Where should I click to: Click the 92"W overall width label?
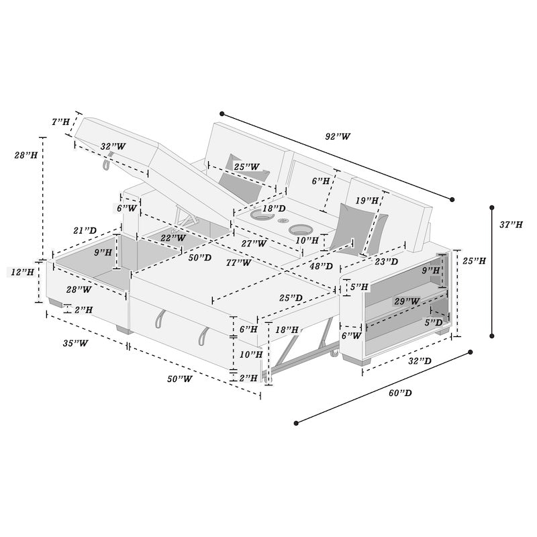click(x=338, y=136)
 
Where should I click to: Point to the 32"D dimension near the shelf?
click(x=420, y=361)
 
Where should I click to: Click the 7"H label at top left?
click(x=60, y=122)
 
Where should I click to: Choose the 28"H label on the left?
click(x=26, y=155)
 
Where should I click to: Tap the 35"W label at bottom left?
click(x=76, y=343)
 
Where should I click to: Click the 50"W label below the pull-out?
click(x=179, y=379)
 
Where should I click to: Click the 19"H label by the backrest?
click(x=367, y=200)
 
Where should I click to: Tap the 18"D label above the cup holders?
click(x=273, y=209)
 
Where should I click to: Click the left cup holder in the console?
click(x=259, y=217)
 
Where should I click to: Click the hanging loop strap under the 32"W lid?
click(x=107, y=163)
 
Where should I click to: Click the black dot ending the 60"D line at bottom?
click(x=296, y=423)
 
